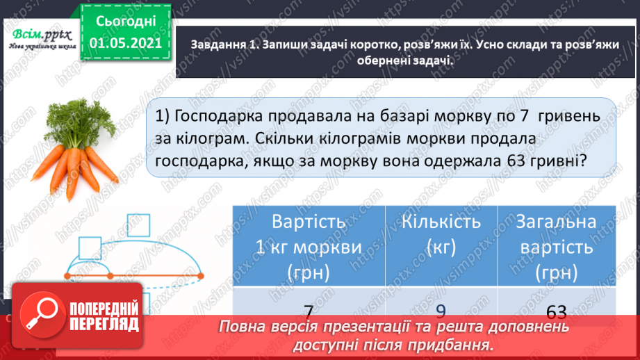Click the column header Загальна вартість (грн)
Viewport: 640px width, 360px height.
pyautogui.click(x=556, y=246)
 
